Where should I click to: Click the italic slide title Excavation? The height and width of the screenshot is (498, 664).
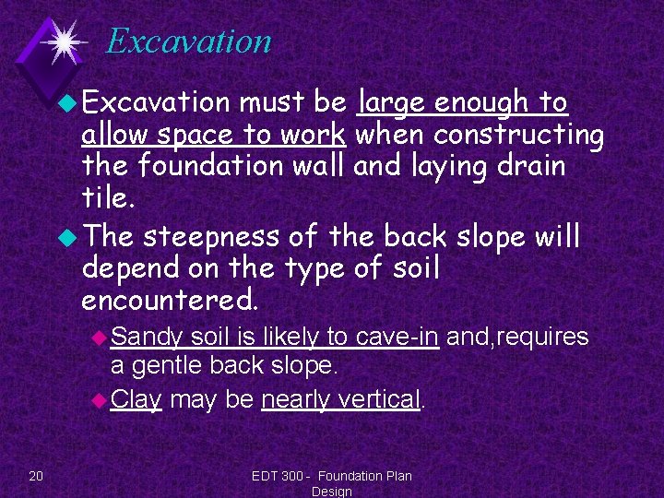pos(189,41)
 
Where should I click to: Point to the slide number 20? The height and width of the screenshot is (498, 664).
pos(36,476)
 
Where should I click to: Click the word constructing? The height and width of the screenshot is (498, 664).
pos(518,136)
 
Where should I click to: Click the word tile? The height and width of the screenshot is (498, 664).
pos(104,197)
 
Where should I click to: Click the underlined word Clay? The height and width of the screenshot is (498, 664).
pos(136,399)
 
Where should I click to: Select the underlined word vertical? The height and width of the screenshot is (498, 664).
pos(382,399)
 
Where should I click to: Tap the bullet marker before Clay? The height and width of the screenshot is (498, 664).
pos(101,400)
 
